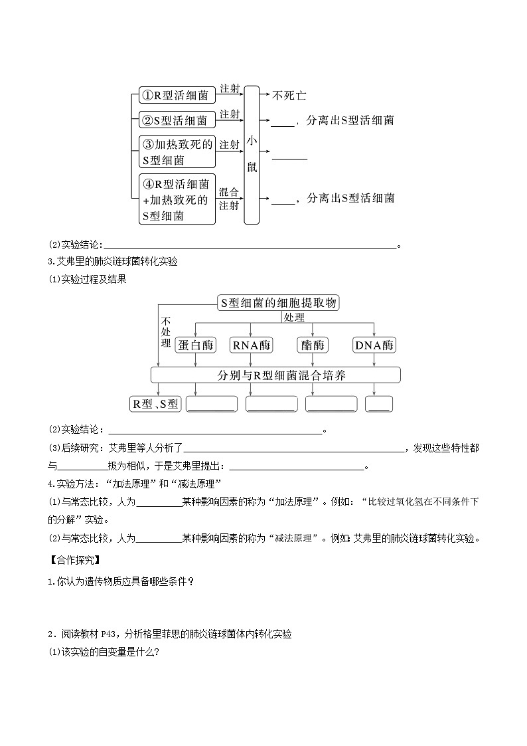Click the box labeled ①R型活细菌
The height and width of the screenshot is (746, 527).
[x=177, y=96]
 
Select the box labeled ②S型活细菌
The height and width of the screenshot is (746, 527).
[x=177, y=120]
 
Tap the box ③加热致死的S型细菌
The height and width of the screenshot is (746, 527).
[x=177, y=152]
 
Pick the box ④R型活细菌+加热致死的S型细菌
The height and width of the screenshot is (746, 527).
[x=177, y=199]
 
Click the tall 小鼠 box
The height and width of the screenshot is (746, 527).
[x=252, y=155]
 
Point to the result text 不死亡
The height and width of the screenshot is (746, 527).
[x=289, y=96]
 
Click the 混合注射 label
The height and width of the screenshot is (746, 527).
[x=229, y=199]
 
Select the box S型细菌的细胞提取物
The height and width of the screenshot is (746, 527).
[x=279, y=303]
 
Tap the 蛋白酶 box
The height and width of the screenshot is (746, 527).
[x=196, y=345]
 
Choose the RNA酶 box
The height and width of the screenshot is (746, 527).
[x=252, y=345]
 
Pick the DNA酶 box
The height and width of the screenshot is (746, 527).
[x=374, y=345]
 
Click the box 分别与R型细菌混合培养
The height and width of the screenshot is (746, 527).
[x=276, y=375]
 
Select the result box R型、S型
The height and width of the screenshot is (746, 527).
[x=155, y=404]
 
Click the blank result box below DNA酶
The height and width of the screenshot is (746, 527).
[x=379, y=404]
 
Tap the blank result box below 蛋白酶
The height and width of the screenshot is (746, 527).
[x=212, y=404]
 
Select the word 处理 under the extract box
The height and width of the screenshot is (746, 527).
[x=293, y=318]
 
